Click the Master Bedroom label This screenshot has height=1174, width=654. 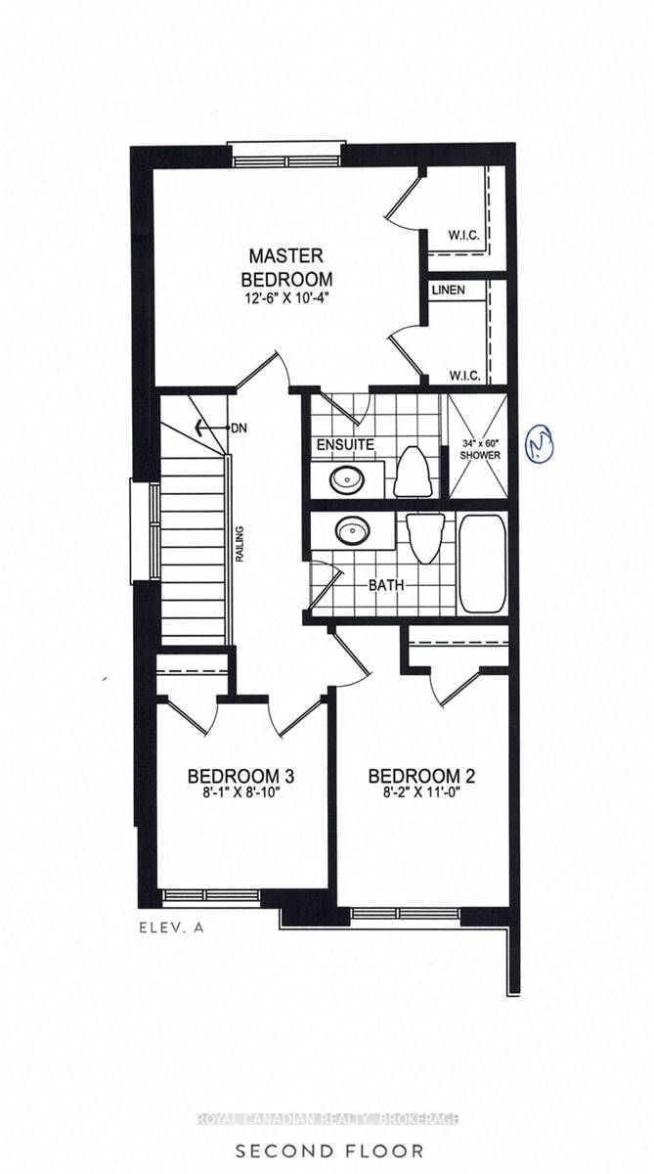pyautogui.click(x=284, y=266)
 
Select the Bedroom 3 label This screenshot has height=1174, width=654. pyautogui.click(x=240, y=777)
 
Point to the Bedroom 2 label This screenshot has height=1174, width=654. pyautogui.click(x=421, y=777)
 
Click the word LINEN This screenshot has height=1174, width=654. pyautogui.click(x=447, y=291)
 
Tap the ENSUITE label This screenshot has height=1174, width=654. pyautogui.click(x=345, y=445)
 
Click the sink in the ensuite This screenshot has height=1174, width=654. pyautogui.click(x=345, y=479)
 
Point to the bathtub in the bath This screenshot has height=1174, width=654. pyautogui.click(x=481, y=563)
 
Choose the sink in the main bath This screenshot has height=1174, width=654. pyautogui.click(x=352, y=530)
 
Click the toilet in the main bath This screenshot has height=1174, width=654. pyautogui.click(x=425, y=538)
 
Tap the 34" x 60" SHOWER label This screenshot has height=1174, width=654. pyautogui.click(x=481, y=450)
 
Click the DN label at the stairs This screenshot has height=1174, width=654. pyautogui.click(x=240, y=429)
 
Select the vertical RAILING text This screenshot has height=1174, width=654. pyautogui.click(x=238, y=546)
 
